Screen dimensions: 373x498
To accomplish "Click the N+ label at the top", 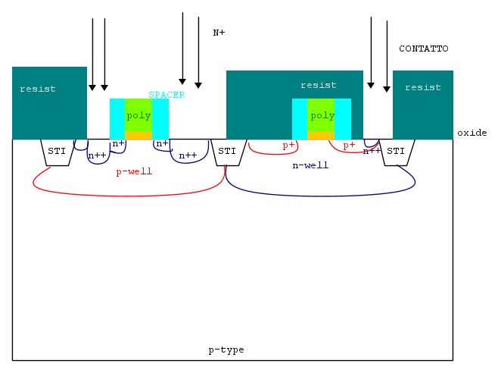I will click(x=219, y=33).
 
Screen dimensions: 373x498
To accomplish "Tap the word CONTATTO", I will click(x=423, y=49).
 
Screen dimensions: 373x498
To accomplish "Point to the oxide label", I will click(x=472, y=133).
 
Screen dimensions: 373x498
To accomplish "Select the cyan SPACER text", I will click(x=167, y=95).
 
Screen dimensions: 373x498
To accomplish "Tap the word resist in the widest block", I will click(x=318, y=85).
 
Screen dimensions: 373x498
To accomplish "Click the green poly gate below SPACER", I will click(x=139, y=115).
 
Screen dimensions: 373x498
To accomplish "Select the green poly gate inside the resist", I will click(x=322, y=115).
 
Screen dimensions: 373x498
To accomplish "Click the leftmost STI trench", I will click(x=57, y=152).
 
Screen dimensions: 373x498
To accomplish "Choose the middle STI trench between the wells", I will click(x=227, y=152).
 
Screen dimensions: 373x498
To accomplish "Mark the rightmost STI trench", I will click(x=395, y=152).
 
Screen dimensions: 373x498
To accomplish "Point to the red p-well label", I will click(x=134, y=171).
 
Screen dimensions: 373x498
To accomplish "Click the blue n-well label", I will click(x=310, y=165).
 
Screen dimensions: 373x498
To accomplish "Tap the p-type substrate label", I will click(x=226, y=349).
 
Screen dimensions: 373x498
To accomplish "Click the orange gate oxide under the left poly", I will click(x=139, y=135).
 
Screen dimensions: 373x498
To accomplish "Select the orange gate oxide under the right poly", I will click(x=321, y=135).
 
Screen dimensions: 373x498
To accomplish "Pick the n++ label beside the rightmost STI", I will click(x=372, y=151).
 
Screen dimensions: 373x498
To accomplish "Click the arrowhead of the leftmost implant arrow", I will click(x=92, y=87).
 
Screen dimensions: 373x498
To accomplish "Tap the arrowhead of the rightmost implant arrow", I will click(x=387, y=89).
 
